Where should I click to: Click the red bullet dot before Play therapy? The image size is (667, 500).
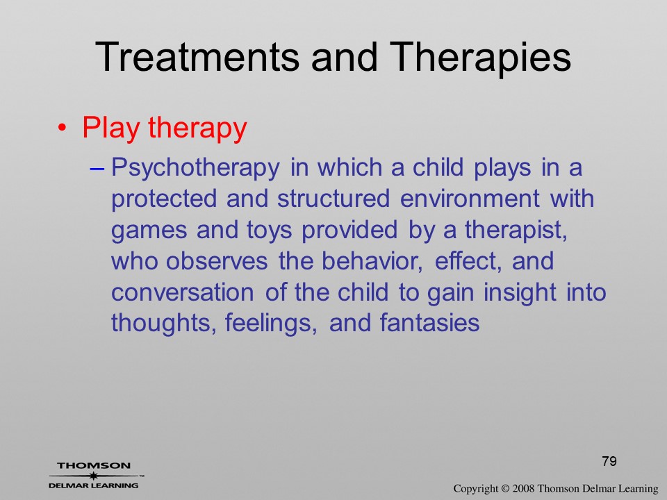point(63,128)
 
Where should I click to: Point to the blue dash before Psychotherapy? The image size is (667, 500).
point(97,168)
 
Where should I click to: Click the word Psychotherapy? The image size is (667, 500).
point(195,168)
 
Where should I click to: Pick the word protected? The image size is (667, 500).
point(164,199)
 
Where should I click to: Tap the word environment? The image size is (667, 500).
point(470,199)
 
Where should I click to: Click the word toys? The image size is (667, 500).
point(270,231)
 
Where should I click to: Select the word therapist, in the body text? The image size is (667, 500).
point(516,231)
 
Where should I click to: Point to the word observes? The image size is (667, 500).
point(217,260)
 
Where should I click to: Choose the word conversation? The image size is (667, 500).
point(183,292)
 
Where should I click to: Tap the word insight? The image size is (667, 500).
point(520,293)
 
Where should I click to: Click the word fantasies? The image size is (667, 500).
point(429,323)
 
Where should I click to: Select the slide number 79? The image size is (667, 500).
point(609,461)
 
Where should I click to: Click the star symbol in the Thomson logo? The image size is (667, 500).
point(93,476)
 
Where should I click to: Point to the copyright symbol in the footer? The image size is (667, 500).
point(505,488)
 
